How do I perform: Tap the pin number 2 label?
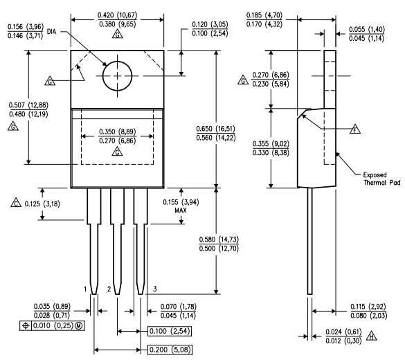[109, 288]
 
